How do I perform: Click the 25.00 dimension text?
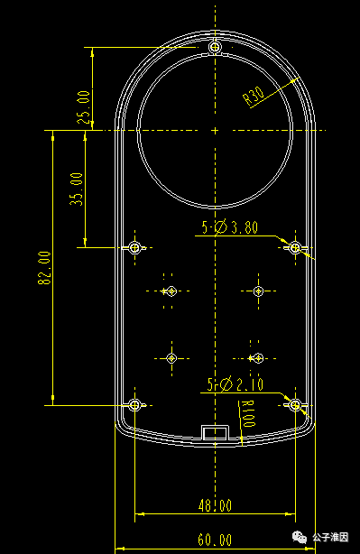point(84,107)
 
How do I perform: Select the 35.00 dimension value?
point(77,189)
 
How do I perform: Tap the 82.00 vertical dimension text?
point(44,268)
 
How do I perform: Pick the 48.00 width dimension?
point(215,505)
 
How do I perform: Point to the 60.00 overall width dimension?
point(215,540)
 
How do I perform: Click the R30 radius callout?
point(254,97)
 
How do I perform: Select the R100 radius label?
point(248,413)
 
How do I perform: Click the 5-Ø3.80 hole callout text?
point(230,227)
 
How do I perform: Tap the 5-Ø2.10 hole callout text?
point(235,384)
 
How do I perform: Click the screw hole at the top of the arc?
point(215,47)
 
